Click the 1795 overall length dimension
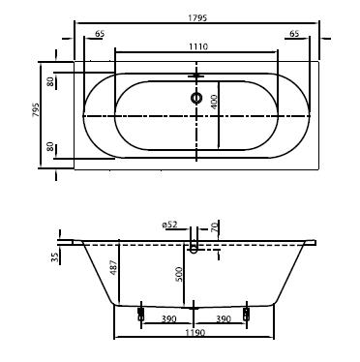pos(197,18)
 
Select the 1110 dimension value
pos(198,46)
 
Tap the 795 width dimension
pos(36,110)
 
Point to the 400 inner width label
pos(214,102)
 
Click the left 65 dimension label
pos(100,33)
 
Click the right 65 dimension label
pos(294,33)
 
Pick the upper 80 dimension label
pos(50,81)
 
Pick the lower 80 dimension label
pos(50,147)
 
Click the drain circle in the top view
pos(196,98)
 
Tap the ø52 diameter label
pos(169,225)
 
